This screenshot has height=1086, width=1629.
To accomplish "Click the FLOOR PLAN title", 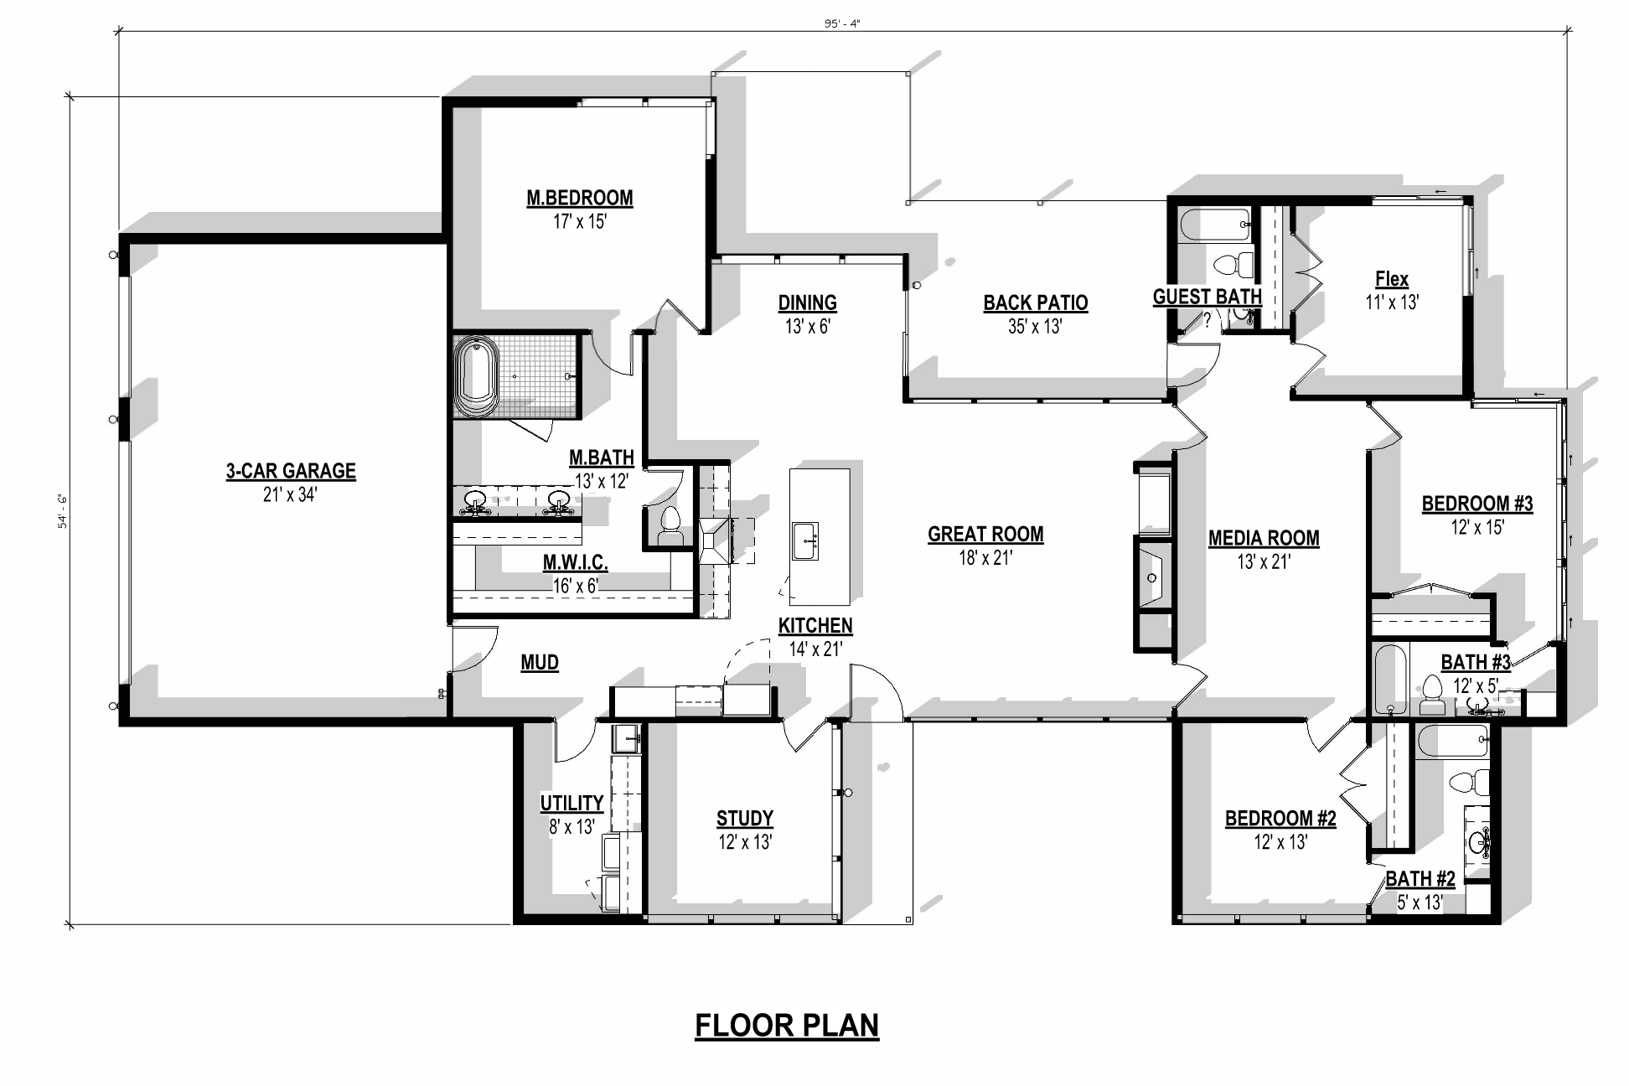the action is click(x=787, y=1025).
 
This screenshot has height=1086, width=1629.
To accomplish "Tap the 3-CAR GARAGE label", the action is click(x=291, y=471).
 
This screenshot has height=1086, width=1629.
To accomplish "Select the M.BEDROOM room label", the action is click(x=580, y=198).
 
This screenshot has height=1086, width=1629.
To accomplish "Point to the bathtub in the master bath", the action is click(x=476, y=376).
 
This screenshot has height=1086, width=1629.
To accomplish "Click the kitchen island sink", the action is click(x=805, y=541).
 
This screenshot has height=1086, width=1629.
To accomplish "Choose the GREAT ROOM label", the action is click(x=985, y=534).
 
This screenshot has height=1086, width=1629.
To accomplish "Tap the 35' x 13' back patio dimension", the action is click(x=1035, y=327).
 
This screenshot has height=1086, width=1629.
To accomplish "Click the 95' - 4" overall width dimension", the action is click(x=842, y=23).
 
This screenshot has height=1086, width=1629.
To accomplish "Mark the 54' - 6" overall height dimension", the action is click(x=62, y=511).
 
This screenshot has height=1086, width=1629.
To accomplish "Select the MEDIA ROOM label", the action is click(x=1264, y=538).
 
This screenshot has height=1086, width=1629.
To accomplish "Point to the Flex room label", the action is click(x=1392, y=279).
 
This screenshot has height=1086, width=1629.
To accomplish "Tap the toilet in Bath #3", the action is click(x=1431, y=695).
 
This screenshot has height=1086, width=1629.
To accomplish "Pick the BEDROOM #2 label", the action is click(x=1280, y=818).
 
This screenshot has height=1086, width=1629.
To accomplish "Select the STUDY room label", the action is click(x=745, y=818).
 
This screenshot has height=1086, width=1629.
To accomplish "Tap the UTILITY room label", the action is click(x=571, y=803).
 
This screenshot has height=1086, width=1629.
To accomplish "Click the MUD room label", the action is click(x=540, y=663).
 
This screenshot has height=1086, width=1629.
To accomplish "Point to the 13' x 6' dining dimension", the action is click(x=807, y=327).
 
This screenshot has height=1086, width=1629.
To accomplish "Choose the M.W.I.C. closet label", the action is click(x=575, y=562).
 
